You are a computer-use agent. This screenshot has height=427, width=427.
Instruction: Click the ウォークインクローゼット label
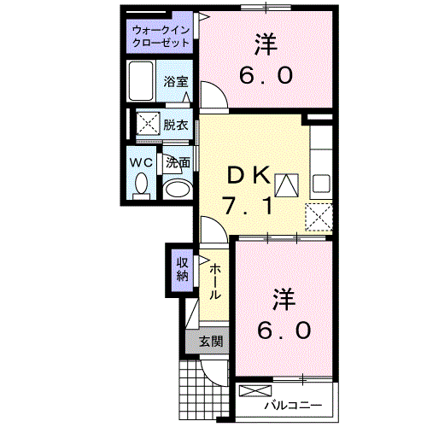click(x=161, y=36)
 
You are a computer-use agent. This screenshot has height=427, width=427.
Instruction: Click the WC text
click(x=141, y=161)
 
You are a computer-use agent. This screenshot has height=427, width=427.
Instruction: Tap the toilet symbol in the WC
click(x=143, y=183)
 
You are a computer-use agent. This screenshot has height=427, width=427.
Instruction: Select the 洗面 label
click(x=178, y=161)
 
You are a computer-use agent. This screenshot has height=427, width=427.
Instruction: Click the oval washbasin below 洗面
click(x=178, y=189)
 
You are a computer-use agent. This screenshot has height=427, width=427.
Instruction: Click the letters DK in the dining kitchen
click(x=249, y=176)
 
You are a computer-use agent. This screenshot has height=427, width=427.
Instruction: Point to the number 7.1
click(x=248, y=206)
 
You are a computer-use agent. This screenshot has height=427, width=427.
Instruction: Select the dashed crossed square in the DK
click(x=319, y=215)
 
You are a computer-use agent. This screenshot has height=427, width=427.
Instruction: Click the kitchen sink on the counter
click(x=321, y=182)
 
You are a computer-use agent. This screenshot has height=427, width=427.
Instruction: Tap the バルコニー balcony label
click(x=292, y=403)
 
